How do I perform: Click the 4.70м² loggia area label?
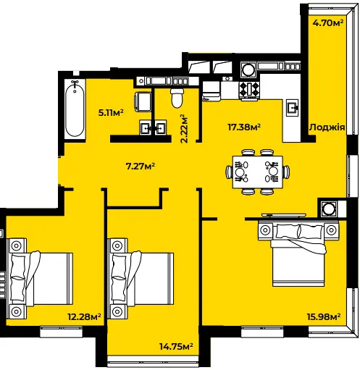tap(328, 23)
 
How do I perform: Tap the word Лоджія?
tap(327, 127)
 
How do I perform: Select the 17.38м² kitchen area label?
tap(244, 127)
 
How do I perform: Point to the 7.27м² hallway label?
tap(141, 166)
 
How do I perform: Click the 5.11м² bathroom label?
tap(111, 112)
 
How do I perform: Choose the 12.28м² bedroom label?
tap(84, 316)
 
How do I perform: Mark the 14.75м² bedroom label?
tap(176, 347)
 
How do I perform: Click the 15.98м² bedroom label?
tap(324, 316)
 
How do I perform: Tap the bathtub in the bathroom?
tap(75, 109)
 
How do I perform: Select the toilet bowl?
tap(177, 98)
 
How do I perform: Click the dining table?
tap(258, 172)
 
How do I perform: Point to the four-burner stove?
tap(249, 90)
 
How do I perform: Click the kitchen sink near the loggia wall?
tap(293, 108)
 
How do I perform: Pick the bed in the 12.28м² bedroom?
tap(40, 279)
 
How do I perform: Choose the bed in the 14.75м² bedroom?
tap(141, 279)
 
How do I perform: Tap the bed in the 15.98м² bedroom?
tap(298, 254)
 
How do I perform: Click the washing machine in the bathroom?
tap(143, 101)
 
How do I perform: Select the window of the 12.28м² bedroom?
tap(61, 332)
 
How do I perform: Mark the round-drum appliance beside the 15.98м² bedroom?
tap(328, 208)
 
